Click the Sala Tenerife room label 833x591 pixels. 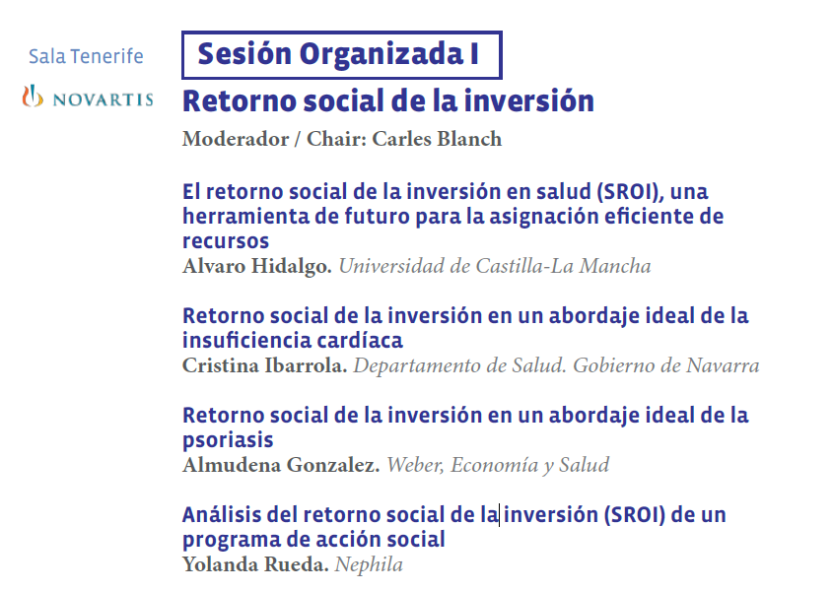point(86,56)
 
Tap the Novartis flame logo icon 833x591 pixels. point(33,97)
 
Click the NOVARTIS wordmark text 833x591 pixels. point(104,99)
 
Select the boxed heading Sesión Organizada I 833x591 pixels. point(342,55)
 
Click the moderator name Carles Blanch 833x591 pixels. point(437,139)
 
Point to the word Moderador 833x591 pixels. point(236,139)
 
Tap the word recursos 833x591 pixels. point(226,241)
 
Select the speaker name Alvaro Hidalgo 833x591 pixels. point(257,267)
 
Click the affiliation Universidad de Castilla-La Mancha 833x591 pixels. point(495,266)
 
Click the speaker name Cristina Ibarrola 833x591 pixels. point(264,365)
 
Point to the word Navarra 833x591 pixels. point(723,365)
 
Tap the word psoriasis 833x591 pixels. point(228,440)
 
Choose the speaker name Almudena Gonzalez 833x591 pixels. point(281,465)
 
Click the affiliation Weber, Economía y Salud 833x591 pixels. point(498,465)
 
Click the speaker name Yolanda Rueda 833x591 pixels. point(255,564)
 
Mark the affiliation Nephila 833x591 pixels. point(369,564)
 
